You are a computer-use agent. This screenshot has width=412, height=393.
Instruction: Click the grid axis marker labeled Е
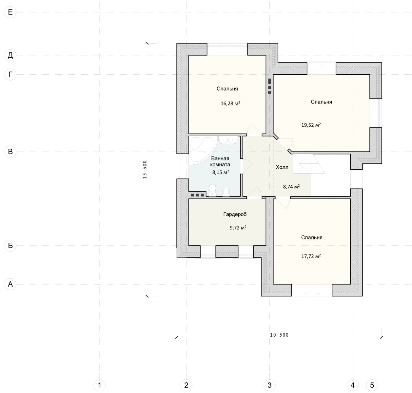click(x=10, y=12)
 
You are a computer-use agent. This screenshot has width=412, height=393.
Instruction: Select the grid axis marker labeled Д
click(x=10, y=55)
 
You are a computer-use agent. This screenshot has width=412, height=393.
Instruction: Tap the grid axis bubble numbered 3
click(x=269, y=385)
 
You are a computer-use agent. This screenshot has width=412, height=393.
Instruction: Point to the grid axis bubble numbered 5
click(x=372, y=385)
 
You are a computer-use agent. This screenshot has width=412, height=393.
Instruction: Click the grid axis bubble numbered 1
click(x=100, y=385)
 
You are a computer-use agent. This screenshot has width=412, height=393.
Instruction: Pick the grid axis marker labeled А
click(x=10, y=284)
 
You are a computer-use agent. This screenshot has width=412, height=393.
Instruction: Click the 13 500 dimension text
click(x=145, y=170)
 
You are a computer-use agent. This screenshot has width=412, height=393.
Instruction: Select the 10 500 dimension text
click(x=279, y=335)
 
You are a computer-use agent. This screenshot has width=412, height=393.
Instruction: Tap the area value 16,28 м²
click(x=230, y=103)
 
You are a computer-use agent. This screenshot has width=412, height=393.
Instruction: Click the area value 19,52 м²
click(x=311, y=125)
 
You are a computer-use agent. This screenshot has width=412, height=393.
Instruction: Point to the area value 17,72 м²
click(x=311, y=256)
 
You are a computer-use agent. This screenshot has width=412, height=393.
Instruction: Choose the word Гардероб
click(x=235, y=214)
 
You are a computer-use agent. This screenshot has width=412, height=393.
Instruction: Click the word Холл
click(x=282, y=167)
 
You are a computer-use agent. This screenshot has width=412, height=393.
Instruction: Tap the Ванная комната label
click(x=220, y=161)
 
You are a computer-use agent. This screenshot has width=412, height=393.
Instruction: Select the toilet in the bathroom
click(x=212, y=190)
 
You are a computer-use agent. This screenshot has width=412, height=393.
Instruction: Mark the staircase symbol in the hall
click(x=308, y=164)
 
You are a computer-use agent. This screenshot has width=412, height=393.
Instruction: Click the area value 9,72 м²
click(x=238, y=228)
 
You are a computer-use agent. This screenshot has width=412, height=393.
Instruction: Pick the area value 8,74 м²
click(x=291, y=187)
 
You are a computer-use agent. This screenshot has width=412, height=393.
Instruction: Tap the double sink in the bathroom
click(x=228, y=140)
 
